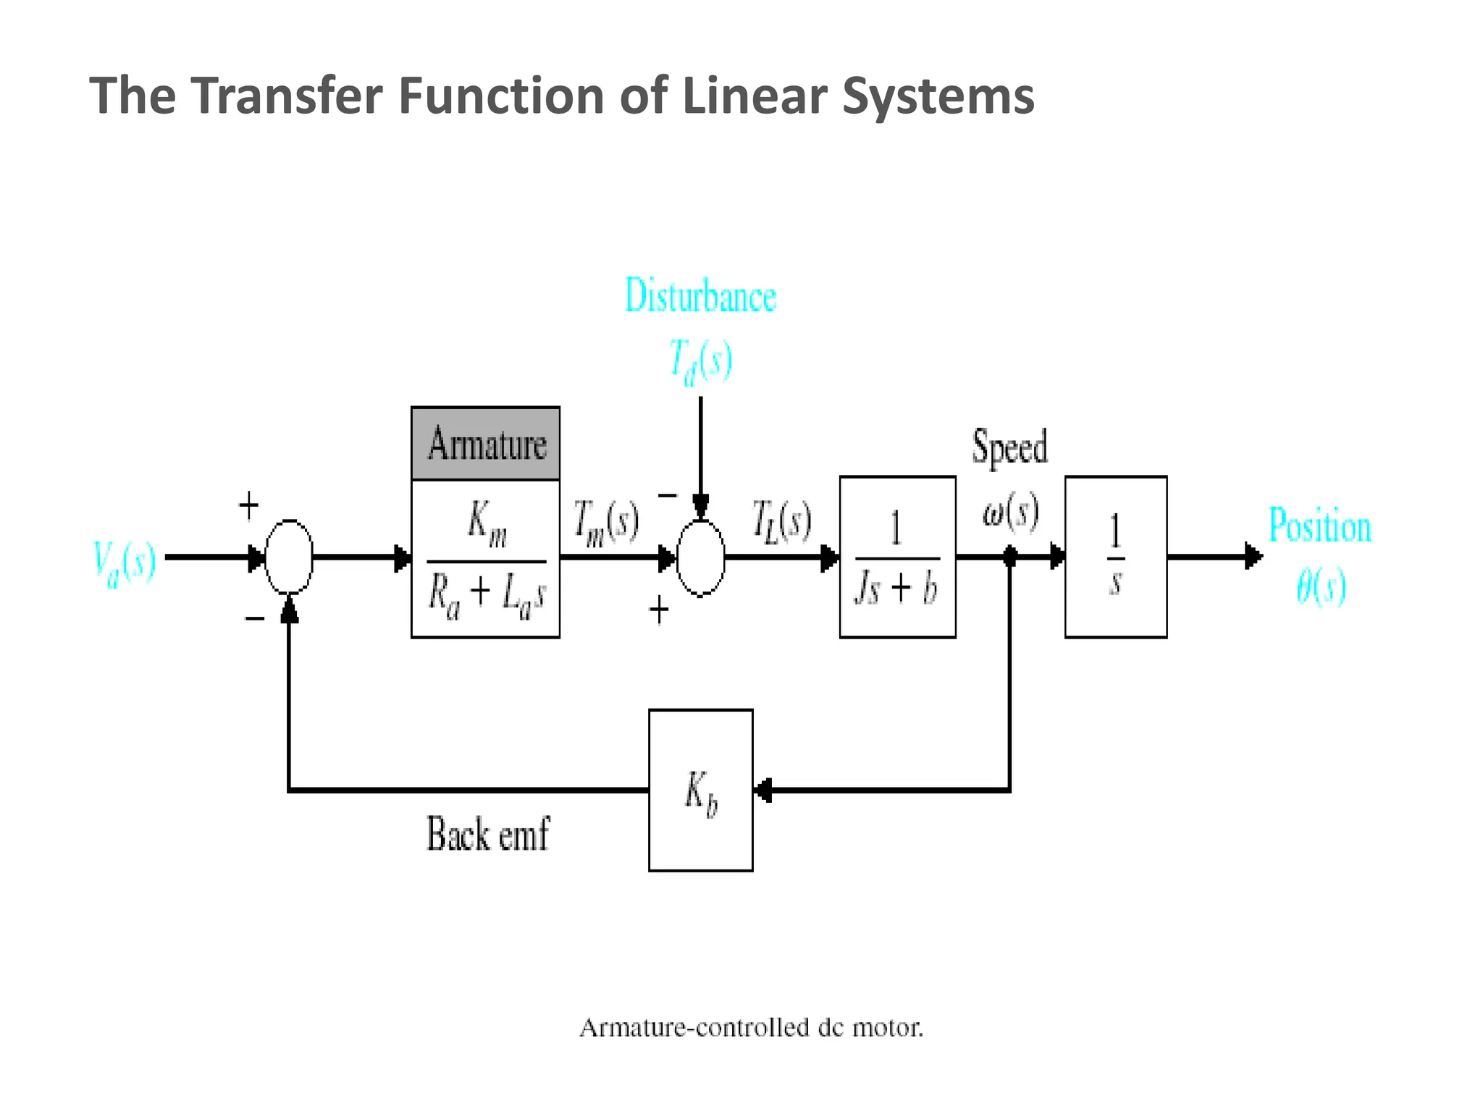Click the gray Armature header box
[485, 443]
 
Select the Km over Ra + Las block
[485, 559]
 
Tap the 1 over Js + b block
[897, 557]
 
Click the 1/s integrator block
[1115, 557]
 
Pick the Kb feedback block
[700, 790]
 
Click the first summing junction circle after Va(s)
[289, 557]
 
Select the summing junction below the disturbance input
[700, 557]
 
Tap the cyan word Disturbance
[700, 296]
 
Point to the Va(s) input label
[125, 563]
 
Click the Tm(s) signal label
[605, 522]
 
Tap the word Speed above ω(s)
[1009, 446]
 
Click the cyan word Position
[1319, 526]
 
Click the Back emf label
[487, 834]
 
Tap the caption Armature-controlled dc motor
[751, 1027]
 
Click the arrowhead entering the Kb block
[762, 790]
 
